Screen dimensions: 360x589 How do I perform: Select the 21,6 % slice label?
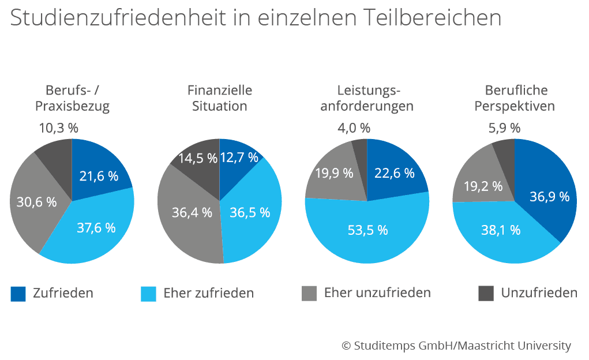click(99, 176)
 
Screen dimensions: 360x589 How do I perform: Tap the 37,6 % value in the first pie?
click(96, 227)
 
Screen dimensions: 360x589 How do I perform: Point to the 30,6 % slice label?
click(37, 202)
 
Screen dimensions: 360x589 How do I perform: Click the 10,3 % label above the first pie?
click(58, 127)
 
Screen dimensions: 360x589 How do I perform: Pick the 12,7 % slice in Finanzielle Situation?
click(239, 157)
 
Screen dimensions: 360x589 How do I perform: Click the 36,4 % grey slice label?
click(192, 212)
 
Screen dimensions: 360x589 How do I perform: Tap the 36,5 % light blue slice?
click(250, 212)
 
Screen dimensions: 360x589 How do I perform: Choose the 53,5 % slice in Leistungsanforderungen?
click(367, 230)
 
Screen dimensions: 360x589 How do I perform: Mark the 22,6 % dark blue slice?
click(394, 172)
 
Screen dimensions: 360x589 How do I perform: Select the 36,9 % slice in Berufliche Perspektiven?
click(549, 197)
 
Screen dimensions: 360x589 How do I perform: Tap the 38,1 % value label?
click(501, 230)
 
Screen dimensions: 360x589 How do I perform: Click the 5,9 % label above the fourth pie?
click(504, 127)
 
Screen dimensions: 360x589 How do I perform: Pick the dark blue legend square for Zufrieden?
click(18, 294)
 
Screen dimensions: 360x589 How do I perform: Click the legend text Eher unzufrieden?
click(377, 292)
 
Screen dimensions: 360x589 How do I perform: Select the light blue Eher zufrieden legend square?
click(148, 294)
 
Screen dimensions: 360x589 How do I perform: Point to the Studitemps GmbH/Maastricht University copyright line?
click(456, 346)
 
